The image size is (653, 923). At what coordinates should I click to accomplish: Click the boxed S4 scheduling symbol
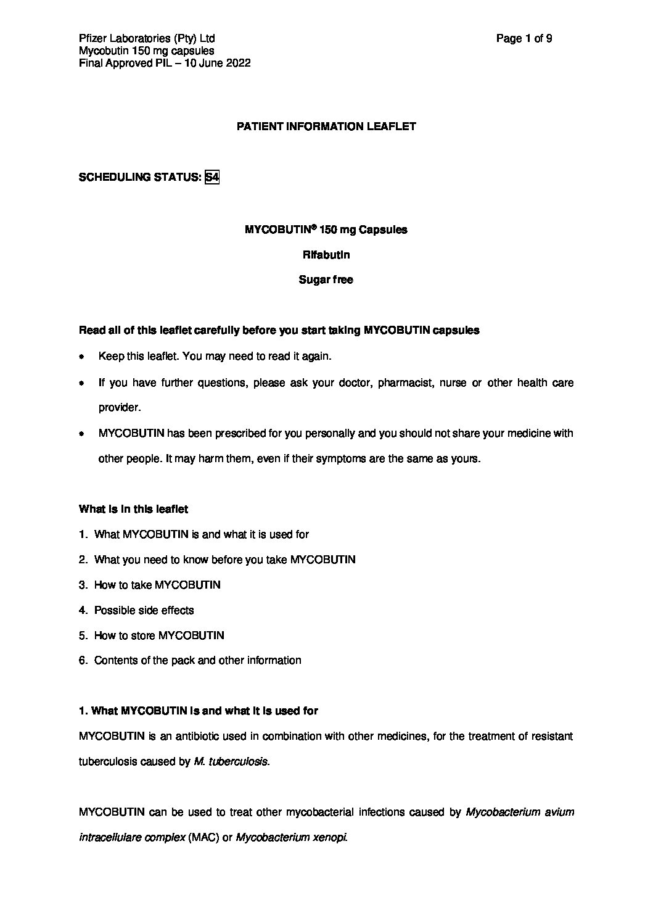pos(212,178)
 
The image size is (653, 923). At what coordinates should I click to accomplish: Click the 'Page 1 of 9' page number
pos(524,39)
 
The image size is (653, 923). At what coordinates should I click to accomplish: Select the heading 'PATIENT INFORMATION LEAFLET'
pos(326,126)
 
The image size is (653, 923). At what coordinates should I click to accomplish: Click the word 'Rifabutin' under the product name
pos(326,254)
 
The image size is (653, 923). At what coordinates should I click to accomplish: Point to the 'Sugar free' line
pos(326,279)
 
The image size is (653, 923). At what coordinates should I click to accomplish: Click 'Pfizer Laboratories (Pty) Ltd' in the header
pos(147,39)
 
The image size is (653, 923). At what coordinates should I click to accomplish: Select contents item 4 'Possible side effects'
pos(144,610)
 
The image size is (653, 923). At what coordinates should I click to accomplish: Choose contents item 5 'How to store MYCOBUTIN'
pos(158,635)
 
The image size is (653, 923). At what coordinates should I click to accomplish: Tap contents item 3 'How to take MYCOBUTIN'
pos(157,585)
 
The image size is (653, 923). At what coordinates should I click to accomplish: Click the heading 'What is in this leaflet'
pos(133,509)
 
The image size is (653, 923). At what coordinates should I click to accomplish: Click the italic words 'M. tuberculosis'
pos(231,761)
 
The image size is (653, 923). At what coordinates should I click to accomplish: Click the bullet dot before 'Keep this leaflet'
pos(81,357)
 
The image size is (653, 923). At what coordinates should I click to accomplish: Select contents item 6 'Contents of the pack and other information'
pos(197,661)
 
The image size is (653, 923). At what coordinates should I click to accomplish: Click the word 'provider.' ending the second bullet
pos(120,408)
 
